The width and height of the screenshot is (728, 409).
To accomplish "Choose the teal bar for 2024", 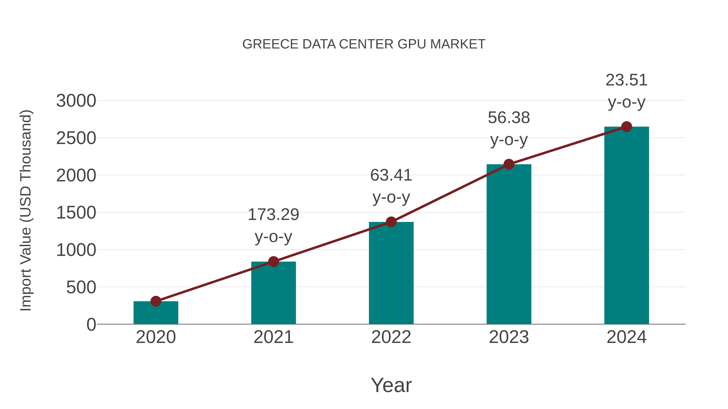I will coord(626,226).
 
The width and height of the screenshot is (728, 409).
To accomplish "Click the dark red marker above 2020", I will coord(156,301).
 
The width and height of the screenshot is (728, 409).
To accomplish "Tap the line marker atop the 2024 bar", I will coord(626,127).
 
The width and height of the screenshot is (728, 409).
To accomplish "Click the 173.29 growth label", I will coord(273,215).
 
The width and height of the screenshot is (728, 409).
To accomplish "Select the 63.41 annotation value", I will coord(391,175).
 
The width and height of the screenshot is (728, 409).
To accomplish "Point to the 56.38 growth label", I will coord(509,118).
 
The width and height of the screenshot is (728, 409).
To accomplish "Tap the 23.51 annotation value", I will coord(626,80).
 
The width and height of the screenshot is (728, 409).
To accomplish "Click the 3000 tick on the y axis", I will coord(76,101).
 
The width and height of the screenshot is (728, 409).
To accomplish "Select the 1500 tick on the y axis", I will coord(76,213).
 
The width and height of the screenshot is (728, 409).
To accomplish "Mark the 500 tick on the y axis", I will coord(81,287).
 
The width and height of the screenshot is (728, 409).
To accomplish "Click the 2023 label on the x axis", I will coord(509,337).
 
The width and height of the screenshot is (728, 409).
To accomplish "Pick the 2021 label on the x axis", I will coord(273,337).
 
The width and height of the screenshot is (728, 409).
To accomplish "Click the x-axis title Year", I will coord(391,385).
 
